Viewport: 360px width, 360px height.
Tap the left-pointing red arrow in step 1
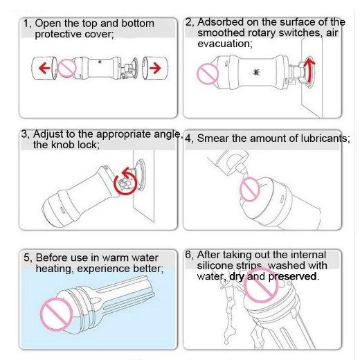(x=45, y=68)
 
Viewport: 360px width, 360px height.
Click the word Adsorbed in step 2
(x=219, y=22)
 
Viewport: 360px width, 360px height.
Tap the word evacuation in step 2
(x=224, y=43)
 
